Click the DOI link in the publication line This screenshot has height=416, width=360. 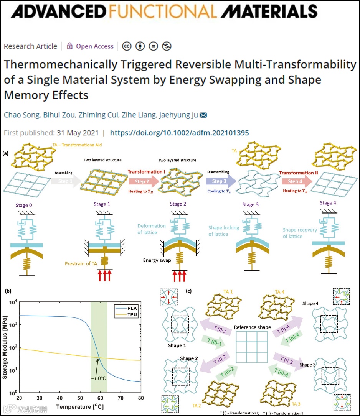point(180,133)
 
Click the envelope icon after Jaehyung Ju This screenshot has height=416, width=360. point(203,115)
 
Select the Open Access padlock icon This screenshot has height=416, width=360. point(70,46)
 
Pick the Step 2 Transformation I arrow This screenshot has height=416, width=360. point(143,181)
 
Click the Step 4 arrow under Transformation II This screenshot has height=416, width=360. point(294,181)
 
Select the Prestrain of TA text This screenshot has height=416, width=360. point(86,263)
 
